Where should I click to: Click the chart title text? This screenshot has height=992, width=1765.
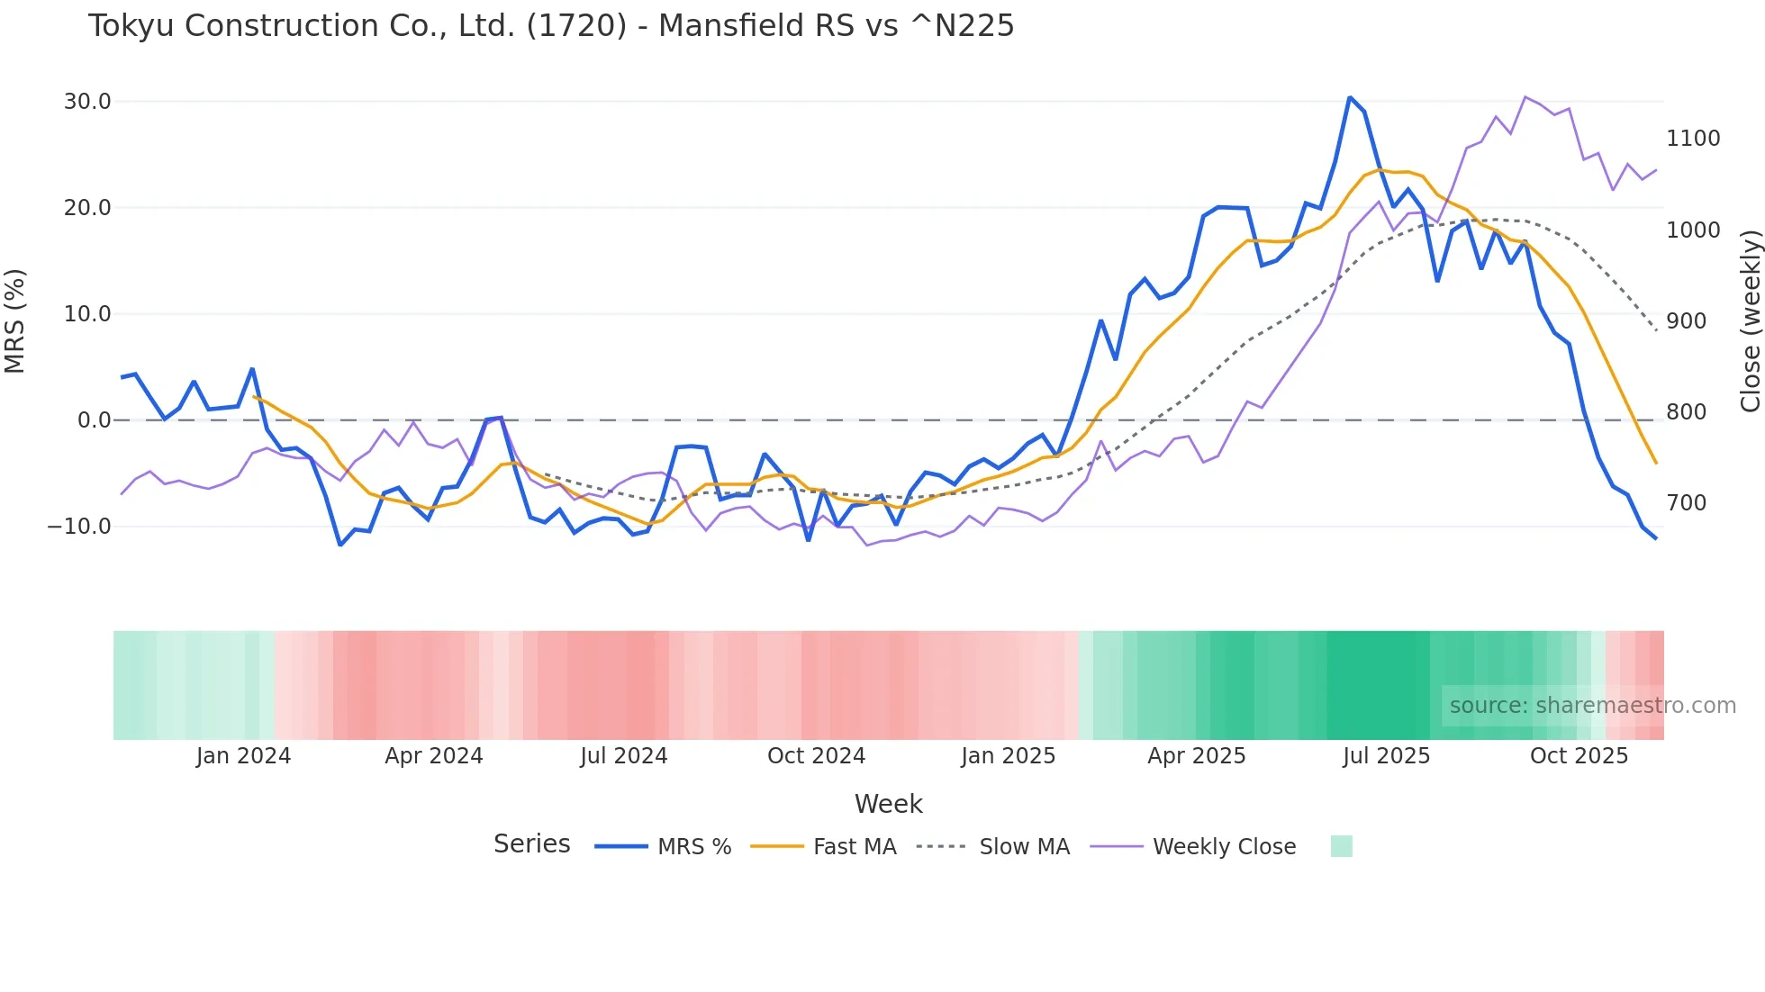(x=550, y=26)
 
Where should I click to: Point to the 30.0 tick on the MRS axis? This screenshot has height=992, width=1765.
(x=87, y=102)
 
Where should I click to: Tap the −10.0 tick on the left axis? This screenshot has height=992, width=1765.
(x=79, y=527)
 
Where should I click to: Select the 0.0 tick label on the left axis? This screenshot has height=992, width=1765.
(x=94, y=420)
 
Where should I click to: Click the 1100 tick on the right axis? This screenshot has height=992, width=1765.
(x=1693, y=139)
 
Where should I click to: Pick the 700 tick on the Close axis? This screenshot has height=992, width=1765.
(x=1686, y=503)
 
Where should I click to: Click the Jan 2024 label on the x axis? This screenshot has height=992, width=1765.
(x=243, y=756)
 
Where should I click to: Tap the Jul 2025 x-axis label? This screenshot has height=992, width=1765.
(x=1386, y=756)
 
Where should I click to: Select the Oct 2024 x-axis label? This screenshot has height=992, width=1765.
(x=816, y=756)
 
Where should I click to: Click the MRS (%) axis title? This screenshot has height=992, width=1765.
(x=15, y=320)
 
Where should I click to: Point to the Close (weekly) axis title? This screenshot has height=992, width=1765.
(x=1750, y=320)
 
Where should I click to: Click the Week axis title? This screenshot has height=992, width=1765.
(x=888, y=804)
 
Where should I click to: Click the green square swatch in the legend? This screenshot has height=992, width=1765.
(x=1341, y=846)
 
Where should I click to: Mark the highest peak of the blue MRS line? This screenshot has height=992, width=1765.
(x=1350, y=97)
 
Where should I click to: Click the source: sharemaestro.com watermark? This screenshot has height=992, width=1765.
(x=1592, y=706)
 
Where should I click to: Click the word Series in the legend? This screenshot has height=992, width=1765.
(x=531, y=844)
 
